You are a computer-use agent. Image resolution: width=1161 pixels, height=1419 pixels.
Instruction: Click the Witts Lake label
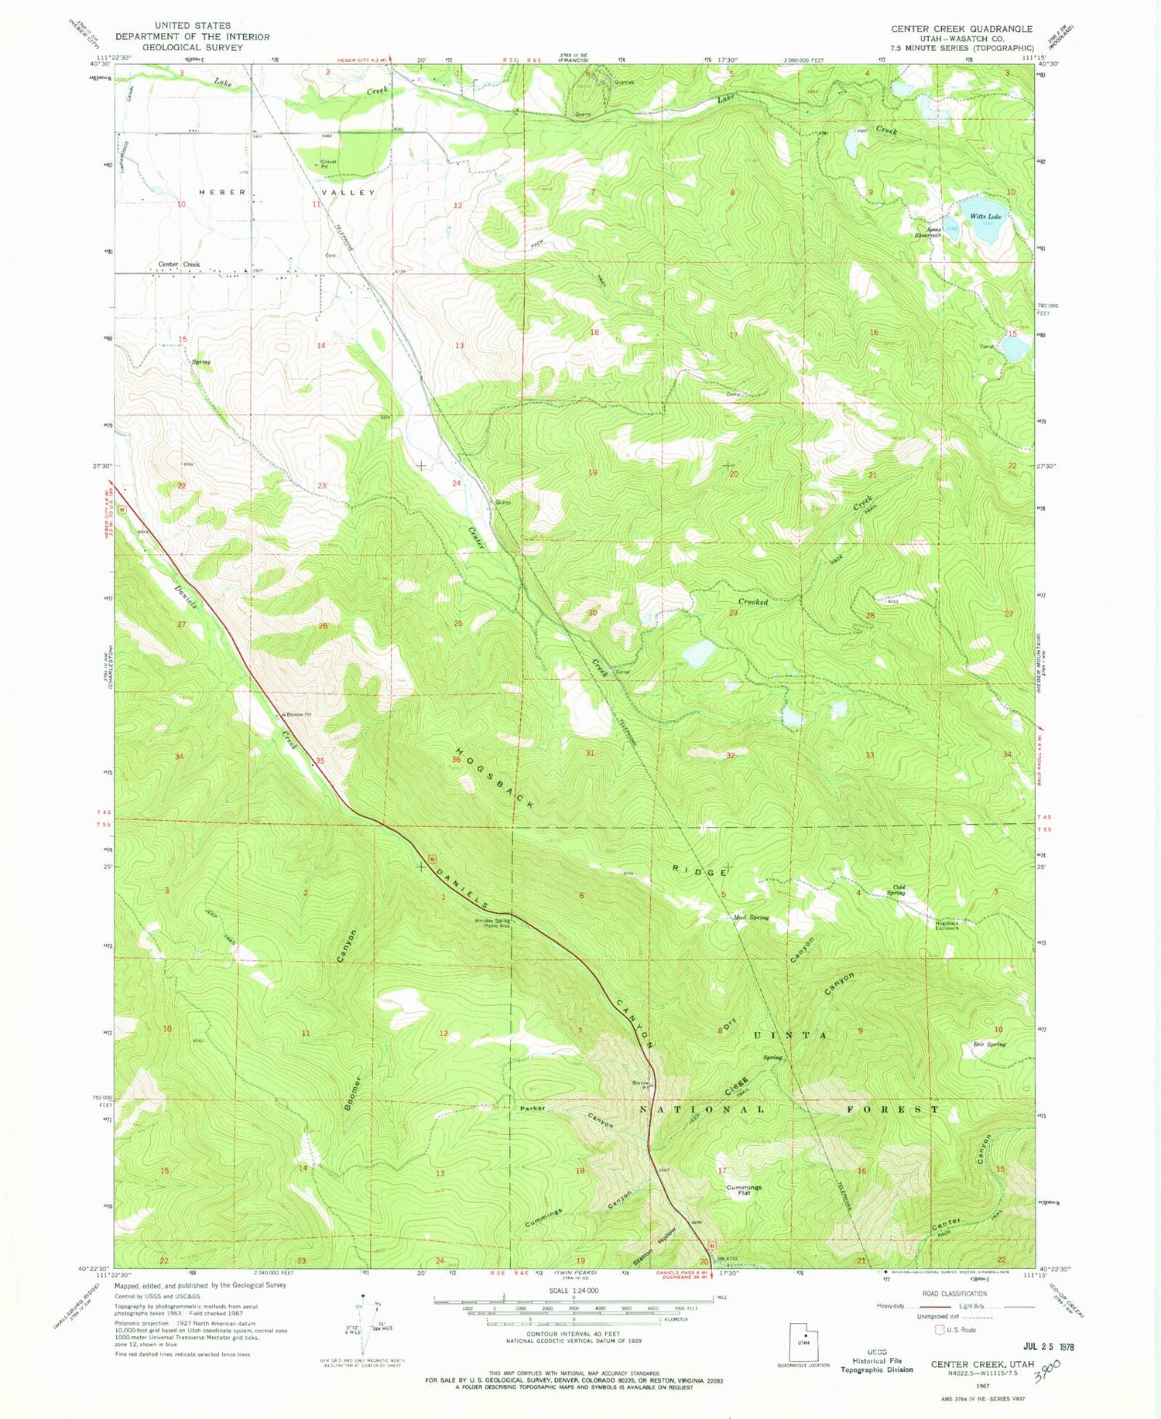tap(985, 217)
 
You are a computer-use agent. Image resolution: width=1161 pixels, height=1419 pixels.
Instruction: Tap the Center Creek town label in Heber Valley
tap(179, 265)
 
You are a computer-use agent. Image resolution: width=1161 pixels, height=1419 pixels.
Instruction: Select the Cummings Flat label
tap(744, 1190)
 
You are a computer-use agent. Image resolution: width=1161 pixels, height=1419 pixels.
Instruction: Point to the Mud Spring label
tap(750, 918)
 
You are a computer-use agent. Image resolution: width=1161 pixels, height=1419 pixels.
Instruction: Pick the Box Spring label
tap(989, 1044)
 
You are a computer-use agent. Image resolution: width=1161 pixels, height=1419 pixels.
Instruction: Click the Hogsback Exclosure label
tap(947, 925)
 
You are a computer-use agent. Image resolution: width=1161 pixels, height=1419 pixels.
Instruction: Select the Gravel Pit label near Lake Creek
tap(329, 164)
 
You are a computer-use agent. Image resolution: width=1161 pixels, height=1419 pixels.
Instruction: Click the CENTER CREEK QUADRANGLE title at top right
tap(961, 29)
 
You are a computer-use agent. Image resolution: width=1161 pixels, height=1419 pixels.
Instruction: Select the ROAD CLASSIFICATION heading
tap(954, 1294)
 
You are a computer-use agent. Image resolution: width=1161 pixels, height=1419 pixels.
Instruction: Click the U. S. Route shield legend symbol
tap(940, 1330)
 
